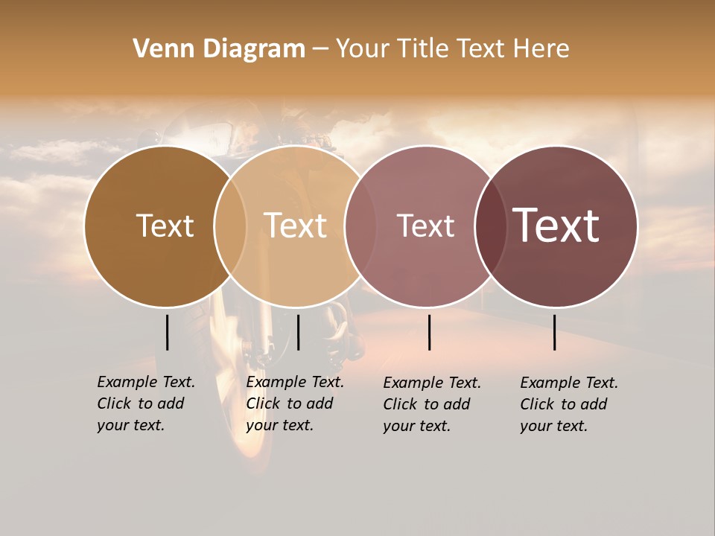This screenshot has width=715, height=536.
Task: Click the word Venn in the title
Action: (159, 48)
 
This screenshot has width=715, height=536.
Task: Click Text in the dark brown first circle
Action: (165, 226)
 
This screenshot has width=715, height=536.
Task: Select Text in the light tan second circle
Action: (296, 226)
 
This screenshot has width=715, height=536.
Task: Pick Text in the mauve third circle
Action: (425, 226)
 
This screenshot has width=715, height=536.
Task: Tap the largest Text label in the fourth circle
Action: (556, 225)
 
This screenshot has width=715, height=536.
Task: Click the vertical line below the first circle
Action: (167, 332)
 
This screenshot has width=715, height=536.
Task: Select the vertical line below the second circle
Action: (298, 332)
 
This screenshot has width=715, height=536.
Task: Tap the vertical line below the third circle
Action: (429, 332)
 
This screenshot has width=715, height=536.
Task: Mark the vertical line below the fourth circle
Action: (554, 332)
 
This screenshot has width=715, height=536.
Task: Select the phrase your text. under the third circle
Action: (417, 426)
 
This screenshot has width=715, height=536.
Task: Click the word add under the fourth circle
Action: (594, 404)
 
